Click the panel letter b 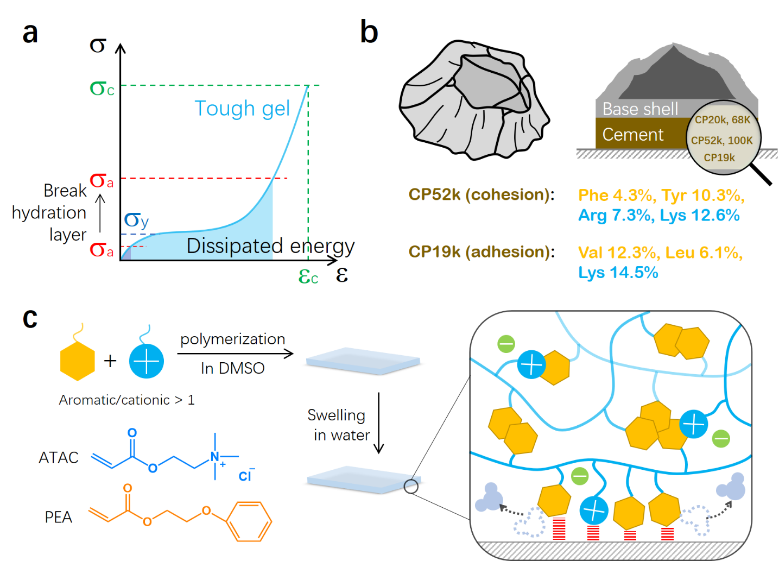pos(369,32)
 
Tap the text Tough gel pos(242,109)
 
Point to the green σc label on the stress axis pos(102,88)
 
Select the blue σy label pos(136,220)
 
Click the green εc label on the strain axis pos(308,277)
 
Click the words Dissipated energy pos(270,246)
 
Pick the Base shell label pos(640,109)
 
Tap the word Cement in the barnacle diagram pos(632,135)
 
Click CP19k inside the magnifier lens pos(719,158)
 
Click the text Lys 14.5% pos(618,273)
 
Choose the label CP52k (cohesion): pos(482,195)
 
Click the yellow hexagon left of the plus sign pos(78,361)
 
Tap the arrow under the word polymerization pos(235,354)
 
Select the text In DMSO pos(232,368)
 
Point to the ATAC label pos(59,458)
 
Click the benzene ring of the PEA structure pos(249,521)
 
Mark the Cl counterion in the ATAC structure pos(245,476)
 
